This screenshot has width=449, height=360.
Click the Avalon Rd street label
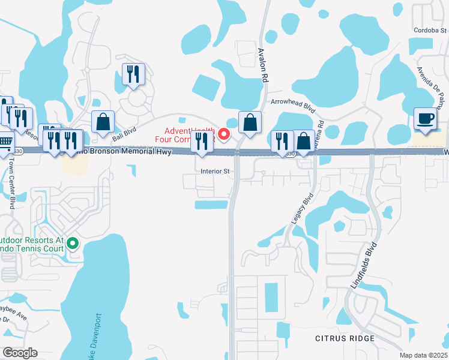(x=262, y=65)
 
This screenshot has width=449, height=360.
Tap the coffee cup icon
(x=426, y=119)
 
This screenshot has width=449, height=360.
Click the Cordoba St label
(x=430, y=31)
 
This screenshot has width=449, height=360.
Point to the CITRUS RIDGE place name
(x=345, y=338)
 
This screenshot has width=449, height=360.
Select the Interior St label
(x=215, y=171)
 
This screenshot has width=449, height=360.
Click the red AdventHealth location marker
(x=224, y=134)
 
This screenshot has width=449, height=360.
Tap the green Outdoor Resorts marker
(x=73, y=244)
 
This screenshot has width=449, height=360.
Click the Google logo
(x=20, y=353)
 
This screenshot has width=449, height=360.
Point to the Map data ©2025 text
(x=423, y=355)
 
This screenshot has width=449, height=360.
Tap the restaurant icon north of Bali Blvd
(x=133, y=74)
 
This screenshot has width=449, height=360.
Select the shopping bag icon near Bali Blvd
(x=103, y=122)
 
